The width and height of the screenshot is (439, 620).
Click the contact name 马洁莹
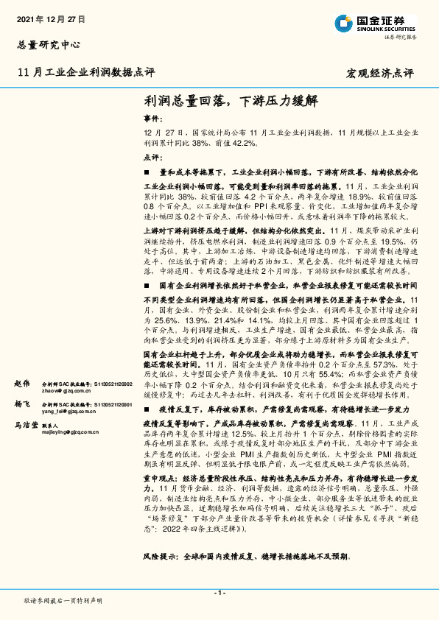25,426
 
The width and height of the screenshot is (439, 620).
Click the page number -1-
219,593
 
